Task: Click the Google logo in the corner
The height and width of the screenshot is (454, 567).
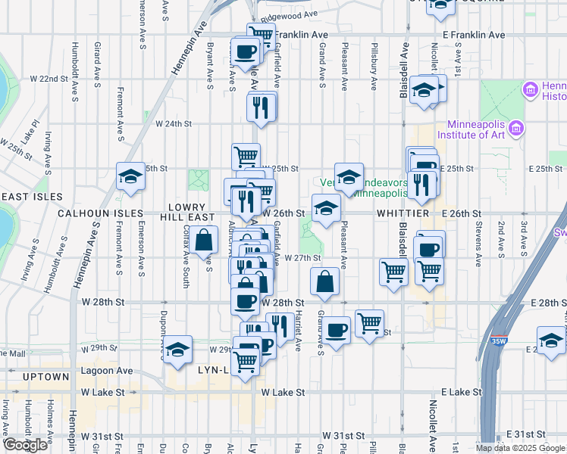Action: (25, 445)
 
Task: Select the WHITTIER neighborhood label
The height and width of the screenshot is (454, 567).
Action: (403, 214)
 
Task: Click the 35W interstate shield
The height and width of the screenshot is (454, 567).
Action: (499, 342)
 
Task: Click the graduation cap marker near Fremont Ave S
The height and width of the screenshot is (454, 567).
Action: (130, 177)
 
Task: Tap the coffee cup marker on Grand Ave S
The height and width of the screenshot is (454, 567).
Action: (337, 330)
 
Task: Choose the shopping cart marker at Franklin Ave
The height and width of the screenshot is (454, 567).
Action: (262, 34)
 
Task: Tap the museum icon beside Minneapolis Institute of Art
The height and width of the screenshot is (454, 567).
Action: (518, 128)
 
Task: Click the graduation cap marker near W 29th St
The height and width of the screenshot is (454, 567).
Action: (177, 350)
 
